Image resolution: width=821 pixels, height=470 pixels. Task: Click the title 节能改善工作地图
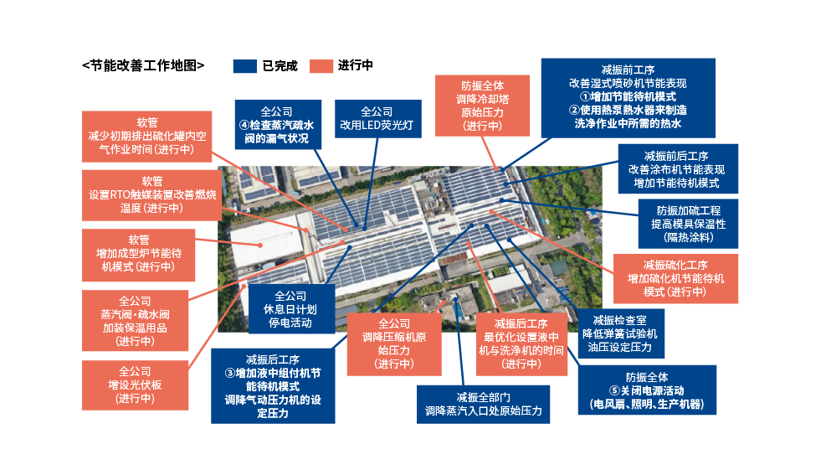[x=143, y=65]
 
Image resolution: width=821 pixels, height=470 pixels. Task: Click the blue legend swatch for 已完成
[x=244, y=66]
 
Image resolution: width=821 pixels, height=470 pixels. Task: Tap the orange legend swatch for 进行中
[x=321, y=66]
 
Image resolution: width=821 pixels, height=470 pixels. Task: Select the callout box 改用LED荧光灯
[x=377, y=119]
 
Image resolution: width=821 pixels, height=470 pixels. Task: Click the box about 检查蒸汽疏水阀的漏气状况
[x=278, y=125]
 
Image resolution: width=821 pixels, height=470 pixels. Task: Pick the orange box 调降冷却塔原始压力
[x=482, y=106]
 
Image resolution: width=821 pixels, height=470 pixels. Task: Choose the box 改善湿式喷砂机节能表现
[x=628, y=98]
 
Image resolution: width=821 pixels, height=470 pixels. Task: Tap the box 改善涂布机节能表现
[x=678, y=168]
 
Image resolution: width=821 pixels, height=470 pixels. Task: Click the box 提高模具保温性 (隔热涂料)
[x=688, y=224]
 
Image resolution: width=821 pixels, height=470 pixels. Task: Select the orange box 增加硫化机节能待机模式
[x=675, y=279]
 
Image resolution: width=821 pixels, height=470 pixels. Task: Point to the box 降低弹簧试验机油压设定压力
[x=619, y=333]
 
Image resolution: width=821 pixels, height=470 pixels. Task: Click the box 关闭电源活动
[x=647, y=390]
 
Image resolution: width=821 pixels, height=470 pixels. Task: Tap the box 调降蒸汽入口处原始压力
[x=483, y=405]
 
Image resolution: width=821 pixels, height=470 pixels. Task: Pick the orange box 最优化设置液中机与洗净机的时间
[x=521, y=343]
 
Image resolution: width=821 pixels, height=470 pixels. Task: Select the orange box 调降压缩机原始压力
[x=393, y=343]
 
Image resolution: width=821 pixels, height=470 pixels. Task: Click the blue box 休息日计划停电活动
[x=291, y=309]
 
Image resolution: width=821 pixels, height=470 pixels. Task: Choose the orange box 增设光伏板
[x=135, y=385]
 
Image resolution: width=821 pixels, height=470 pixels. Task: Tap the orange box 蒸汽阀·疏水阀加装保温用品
[x=135, y=321]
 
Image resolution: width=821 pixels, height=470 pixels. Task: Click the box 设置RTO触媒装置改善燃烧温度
[x=151, y=195]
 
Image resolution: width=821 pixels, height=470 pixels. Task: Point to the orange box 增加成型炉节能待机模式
[x=138, y=255]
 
